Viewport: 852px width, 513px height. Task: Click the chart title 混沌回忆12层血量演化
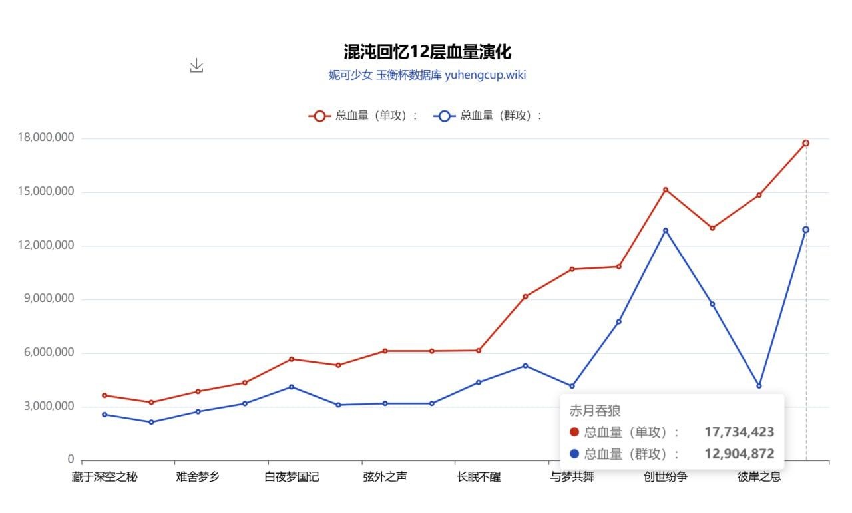(x=427, y=52)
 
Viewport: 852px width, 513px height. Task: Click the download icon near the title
(x=196, y=65)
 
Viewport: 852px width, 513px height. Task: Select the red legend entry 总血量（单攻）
(x=363, y=116)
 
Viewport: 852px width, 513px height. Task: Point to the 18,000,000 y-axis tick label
(x=46, y=138)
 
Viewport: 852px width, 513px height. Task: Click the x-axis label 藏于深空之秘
(x=105, y=477)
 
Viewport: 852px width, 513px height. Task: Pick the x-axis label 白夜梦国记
(x=292, y=477)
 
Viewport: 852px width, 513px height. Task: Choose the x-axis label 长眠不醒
(x=479, y=477)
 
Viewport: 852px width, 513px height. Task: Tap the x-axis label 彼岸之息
(x=759, y=477)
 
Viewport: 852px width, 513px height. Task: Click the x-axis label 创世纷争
(x=666, y=477)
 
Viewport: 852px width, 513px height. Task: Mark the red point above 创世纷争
(x=666, y=190)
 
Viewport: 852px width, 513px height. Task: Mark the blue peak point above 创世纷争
(x=666, y=230)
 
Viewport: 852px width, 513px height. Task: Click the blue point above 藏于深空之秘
(x=105, y=415)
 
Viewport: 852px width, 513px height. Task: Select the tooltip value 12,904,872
(x=739, y=454)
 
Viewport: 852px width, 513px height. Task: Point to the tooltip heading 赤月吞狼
(x=595, y=411)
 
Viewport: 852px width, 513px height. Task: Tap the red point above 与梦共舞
(x=572, y=269)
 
